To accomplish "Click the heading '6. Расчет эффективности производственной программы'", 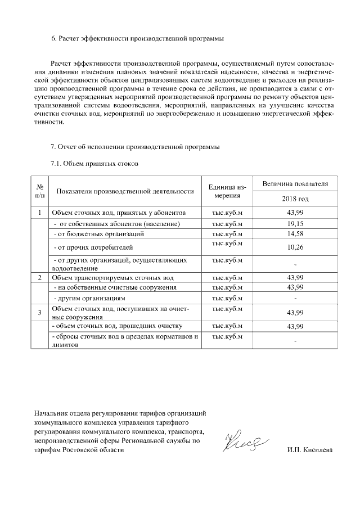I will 137,39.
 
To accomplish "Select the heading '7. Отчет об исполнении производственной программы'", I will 135,147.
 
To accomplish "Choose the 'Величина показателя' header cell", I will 295,184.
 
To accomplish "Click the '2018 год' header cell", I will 295,199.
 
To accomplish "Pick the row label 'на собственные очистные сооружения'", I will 114,287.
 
